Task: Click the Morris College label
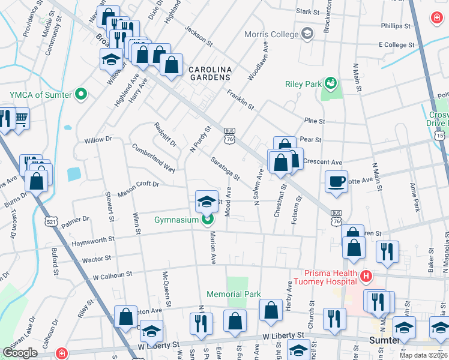click(x=271, y=34)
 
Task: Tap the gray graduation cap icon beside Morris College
click(x=308, y=33)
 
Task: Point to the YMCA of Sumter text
click(x=41, y=95)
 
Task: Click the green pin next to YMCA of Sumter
click(x=82, y=94)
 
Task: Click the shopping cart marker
click(x=21, y=118)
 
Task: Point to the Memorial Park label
click(x=234, y=295)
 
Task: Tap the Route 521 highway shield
click(x=51, y=221)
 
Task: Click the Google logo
click(x=20, y=353)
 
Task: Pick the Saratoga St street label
click(x=226, y=169)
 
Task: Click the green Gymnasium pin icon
click(x=207, y=220)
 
